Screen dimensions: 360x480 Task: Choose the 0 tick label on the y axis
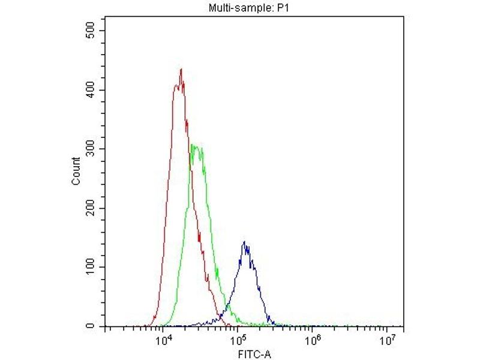pos(93,326)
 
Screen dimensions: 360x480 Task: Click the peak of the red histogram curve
pos(181,69)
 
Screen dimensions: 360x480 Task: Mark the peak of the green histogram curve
pos(192,145)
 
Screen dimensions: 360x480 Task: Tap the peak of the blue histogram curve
pos(244,242)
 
